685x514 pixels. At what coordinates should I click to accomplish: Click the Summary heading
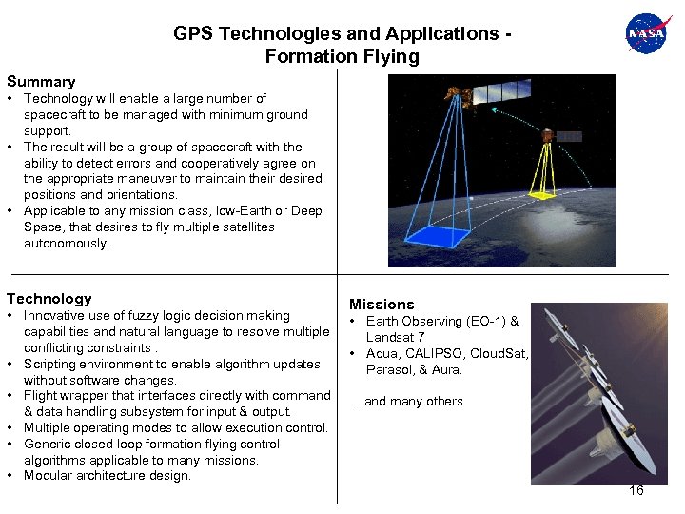[x=41, y=82]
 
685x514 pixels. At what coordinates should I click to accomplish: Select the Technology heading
[x=49, y=299]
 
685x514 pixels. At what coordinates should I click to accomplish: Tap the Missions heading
[x=382, y=305]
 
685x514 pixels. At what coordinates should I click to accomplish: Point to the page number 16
[x=636, y=490]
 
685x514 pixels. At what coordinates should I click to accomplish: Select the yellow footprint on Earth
[x=542, y=194]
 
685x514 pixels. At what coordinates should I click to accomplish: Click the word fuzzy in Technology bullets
[x=136, y=316]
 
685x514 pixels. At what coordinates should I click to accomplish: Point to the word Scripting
[x=52, y=365]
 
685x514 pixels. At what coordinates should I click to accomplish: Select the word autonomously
[x=67, y=244]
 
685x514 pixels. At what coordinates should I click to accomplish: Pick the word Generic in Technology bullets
[x=48, y=445]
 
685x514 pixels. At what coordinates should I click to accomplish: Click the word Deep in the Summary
[x=305, y=211]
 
